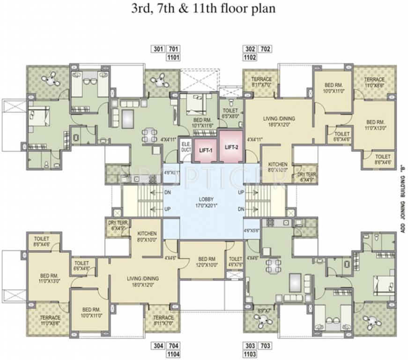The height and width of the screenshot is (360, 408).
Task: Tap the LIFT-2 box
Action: tap(231, 146)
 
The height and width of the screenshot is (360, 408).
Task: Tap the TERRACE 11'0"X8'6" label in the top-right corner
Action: tap(374, 82)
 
